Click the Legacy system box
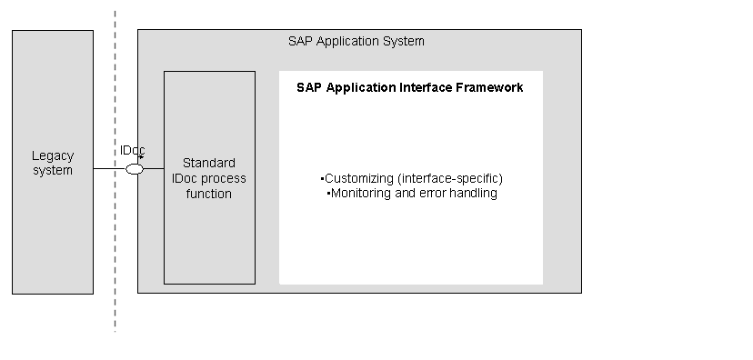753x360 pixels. (x=53, y=162)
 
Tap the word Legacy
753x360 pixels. (x=53, y=156)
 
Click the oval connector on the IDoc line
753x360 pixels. (x=135, y=169)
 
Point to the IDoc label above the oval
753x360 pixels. (x=132, y=150)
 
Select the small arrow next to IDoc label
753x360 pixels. (x=141, y=156)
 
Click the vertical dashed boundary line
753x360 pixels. (x=115, y=171)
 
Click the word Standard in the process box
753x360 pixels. (x=209, y=164)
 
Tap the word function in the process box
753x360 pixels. (x=209, y=194)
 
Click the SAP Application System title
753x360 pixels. (x=356, y=41)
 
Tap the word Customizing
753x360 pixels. (x=359, y=178)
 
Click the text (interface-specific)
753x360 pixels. (x=450, y=178)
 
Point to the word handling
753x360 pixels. (x=474, y=194)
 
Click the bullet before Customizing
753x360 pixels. (x=322, y=179)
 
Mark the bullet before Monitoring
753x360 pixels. (x=328, y=194)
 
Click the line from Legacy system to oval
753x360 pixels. (x=109, y=168)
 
